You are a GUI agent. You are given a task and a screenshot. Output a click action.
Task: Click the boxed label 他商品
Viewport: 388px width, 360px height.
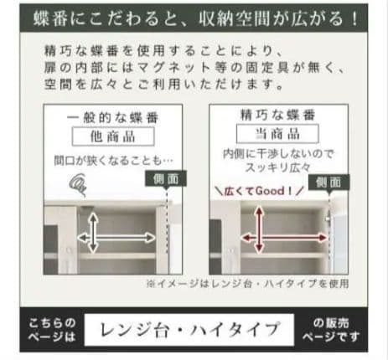tap(115, 136)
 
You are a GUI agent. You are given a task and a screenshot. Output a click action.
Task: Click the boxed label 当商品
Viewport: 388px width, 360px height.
tap(266, 134)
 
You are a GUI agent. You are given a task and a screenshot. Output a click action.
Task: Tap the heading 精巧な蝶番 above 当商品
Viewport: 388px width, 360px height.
tap(266, 116)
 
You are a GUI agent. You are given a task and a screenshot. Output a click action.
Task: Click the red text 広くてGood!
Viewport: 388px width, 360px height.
tap(255, 189)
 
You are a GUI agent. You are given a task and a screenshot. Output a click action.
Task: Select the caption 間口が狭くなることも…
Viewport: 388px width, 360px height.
tap(115, 157)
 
